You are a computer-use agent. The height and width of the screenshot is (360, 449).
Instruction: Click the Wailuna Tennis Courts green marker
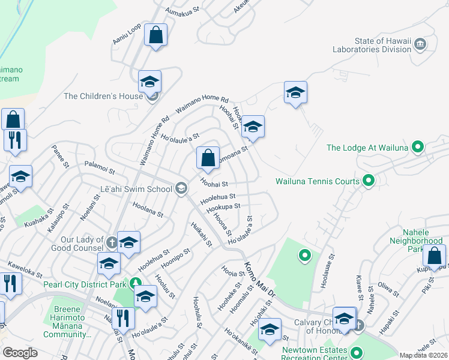click(369, 181)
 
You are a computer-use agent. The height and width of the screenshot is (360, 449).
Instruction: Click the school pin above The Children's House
click(149, 81)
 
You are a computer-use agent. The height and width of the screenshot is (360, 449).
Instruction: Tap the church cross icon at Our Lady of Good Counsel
click(112, 242)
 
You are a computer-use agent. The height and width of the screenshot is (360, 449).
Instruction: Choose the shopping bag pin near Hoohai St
click(208, 158)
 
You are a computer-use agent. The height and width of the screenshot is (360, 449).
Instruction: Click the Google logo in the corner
click(20, 353)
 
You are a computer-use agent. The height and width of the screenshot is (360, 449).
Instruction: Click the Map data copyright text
click(424, 355)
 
